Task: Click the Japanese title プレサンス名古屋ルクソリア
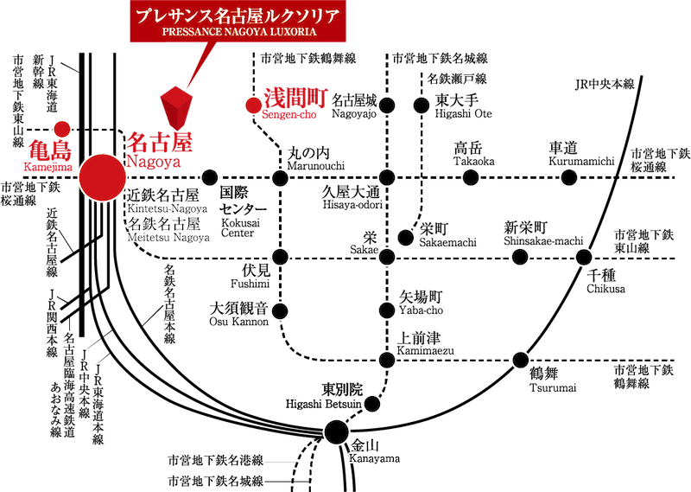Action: (238, 16)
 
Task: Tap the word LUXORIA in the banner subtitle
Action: (291, 31)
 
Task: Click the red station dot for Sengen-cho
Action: (253, 105)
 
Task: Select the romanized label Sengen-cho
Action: (290, 115)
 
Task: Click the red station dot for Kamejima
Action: (61, 129)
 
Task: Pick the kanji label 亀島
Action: (49, 150)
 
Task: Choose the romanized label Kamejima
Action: (48, 165)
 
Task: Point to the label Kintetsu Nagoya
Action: (168, 208)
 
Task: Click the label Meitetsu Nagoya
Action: (168, 238)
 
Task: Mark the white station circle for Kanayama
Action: (336, 431)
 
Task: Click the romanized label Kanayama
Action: (374, 460)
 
